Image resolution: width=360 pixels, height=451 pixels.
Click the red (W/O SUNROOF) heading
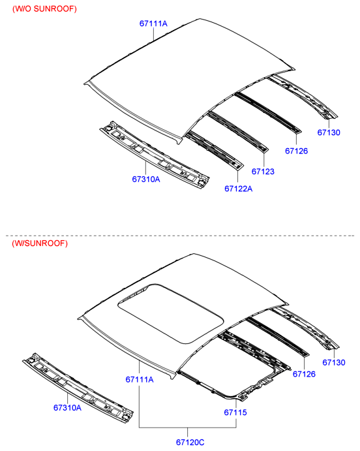click(44, 9)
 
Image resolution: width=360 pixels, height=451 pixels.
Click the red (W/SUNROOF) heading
click(40, 243)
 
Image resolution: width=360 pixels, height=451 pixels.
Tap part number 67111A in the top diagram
click(153, 23)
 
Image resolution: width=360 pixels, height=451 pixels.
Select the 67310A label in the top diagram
click(146, 179)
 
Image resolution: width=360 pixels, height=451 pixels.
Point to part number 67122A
click(239, 189)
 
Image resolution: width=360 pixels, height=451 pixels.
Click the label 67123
click(263, 172)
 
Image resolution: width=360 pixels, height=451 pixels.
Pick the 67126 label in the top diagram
click(296, 151)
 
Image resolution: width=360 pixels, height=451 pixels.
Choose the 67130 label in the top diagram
click(329, 132)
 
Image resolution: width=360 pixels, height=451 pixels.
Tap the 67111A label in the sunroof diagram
click(140, 379)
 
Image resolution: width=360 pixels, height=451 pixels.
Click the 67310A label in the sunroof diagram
click(68, 407)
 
